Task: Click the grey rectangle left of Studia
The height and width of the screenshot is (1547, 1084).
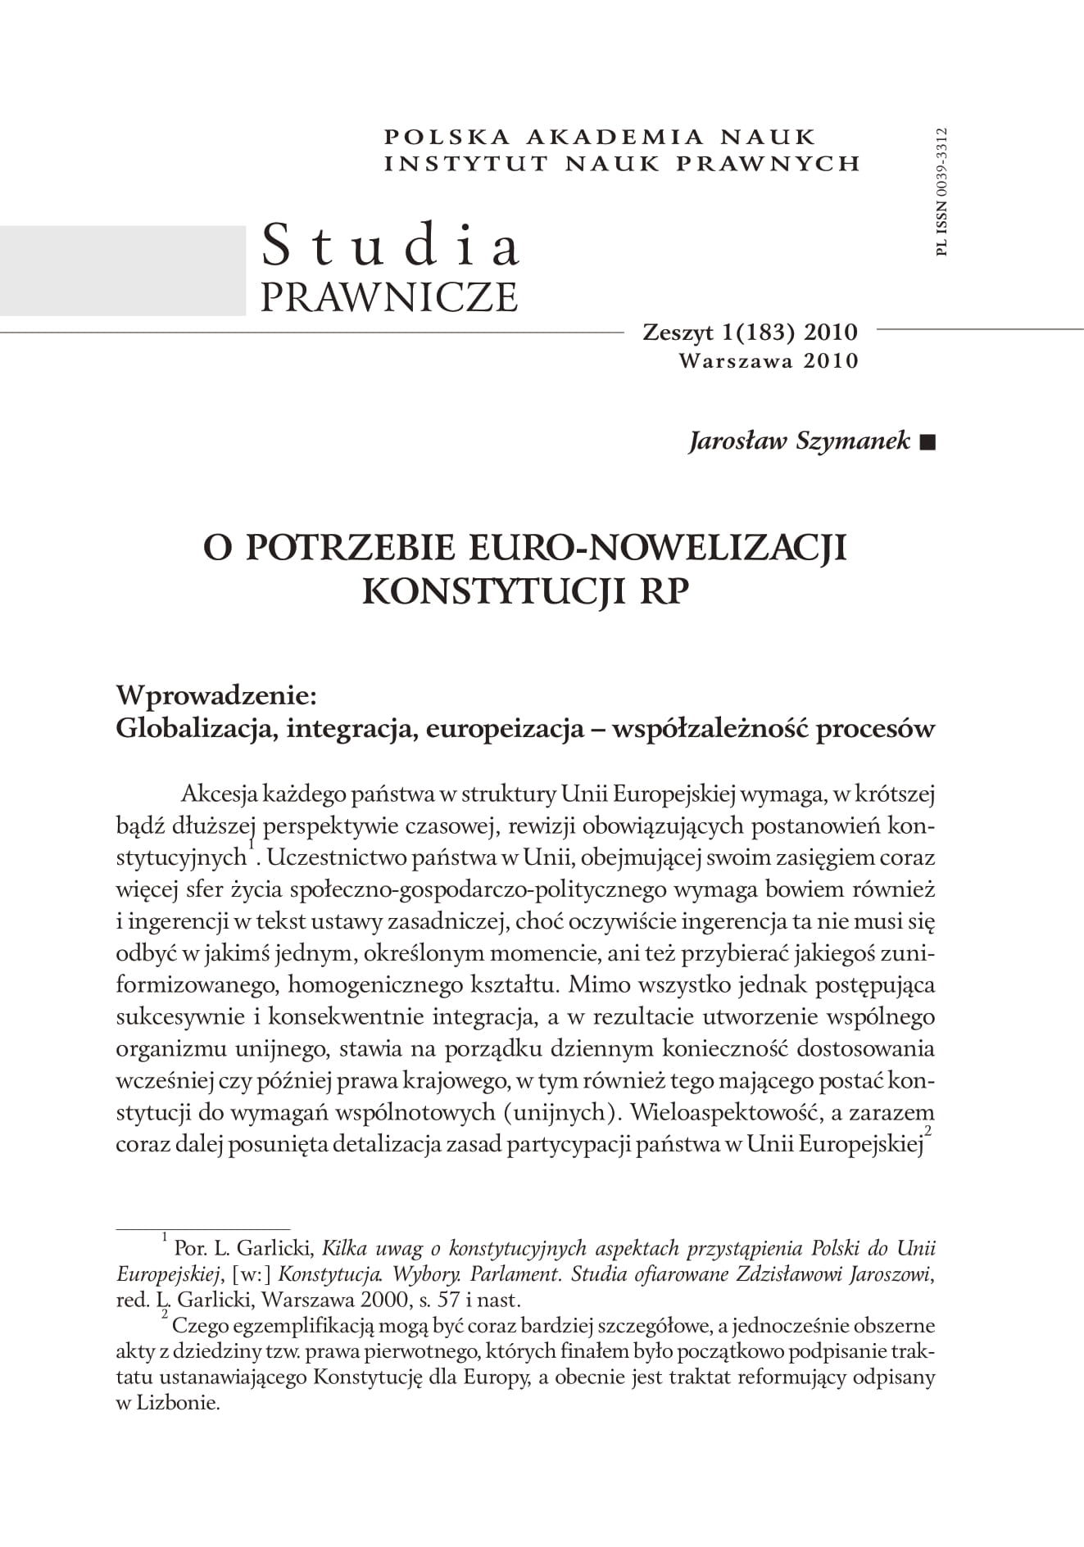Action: click(123, 270)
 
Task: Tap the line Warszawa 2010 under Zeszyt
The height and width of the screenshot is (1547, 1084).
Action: click(769, 360)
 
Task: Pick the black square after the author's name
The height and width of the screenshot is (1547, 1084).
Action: click(928, 443)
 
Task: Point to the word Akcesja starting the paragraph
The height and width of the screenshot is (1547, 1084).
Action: click(219, 794)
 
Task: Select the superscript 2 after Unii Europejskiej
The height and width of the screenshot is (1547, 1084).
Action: click(928, 1131)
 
